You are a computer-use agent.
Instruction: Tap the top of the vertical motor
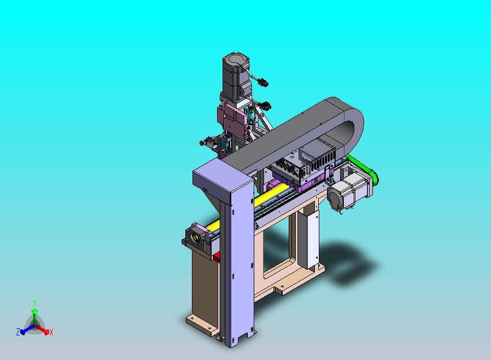[x=236, y=60]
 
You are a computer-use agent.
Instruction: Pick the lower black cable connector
[x=266, y=105]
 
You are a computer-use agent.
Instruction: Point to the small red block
[x=217, y=257]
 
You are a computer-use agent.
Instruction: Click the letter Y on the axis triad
[x=34, y=303]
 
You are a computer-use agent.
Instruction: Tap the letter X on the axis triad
[x=51, y=332]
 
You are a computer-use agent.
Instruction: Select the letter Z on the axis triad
[x=18, y=332]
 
